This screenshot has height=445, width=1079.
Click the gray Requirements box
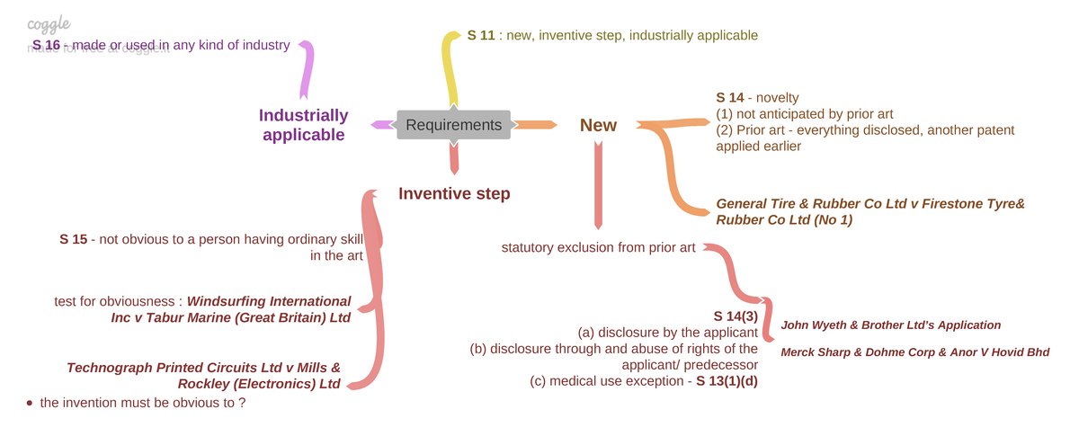(x=453, y=125)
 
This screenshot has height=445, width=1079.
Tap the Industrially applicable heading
(x=303, y=125)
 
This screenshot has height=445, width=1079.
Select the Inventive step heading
(x=454, y=193)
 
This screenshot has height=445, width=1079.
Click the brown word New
(x=598, y=125)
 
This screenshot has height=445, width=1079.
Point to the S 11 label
(x=483, y=35)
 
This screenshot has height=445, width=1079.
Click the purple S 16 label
(x=46, y=45)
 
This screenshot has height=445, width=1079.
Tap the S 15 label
(x=74, y=239)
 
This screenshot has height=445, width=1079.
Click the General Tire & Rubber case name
(x=869, y=211)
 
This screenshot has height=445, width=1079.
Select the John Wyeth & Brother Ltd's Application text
(x=890, y=325)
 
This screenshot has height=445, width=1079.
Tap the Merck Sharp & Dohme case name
(x=914, y=352)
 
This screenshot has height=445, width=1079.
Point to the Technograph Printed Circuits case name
(x=204, y=376)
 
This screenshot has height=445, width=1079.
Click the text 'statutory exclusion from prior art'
(x=598, y=247)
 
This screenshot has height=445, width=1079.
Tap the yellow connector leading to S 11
(x=449, y=72)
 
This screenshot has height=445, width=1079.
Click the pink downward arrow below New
(x=598, y=189)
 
